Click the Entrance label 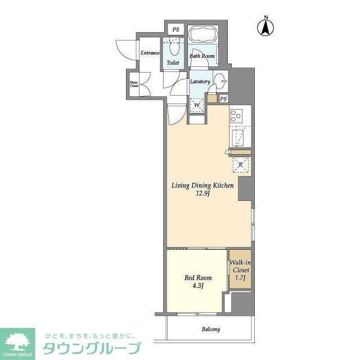pos(150,53)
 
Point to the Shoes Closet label pos(134,84)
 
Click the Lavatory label pos(200,82)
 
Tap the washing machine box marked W pos(197,104)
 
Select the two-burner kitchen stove pos(236,116)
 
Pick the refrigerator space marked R pos(240,165)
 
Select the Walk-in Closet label pos(240,265)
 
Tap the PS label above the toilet pos(175,29)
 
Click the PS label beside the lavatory pos(224,99)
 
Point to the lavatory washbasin pos(220,79)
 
